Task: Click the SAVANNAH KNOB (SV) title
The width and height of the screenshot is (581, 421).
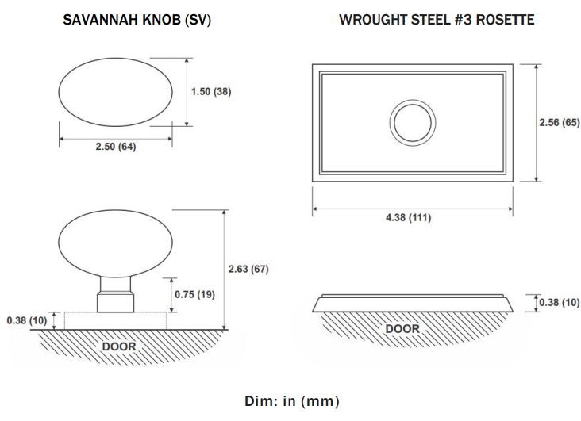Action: pyautogui.click(x=137, y=20)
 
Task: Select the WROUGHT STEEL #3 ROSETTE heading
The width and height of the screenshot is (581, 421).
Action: pyautogui.click(x=437, y=20)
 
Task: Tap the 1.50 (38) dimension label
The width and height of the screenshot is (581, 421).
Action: pyautogui.click(x=211, y=91)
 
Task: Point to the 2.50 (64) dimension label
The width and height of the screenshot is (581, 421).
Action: pyautogui.click(x=116, y=147)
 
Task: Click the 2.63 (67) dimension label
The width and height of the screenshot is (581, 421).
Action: pyautogui.click(x=248, y=269)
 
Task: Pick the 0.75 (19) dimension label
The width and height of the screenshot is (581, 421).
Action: pyautogui.click(x=194, y=295)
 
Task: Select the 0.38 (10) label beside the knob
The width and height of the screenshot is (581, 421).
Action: pyautogui.click(x=27, y=320)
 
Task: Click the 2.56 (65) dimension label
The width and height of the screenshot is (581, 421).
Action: pyautogui.click(x=560, y=123)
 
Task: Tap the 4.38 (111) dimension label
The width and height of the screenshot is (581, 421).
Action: pyautogui.click(x=408, y=217)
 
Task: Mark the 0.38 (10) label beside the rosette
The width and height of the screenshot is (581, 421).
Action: pyautogui.click(x=560, y=303)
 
